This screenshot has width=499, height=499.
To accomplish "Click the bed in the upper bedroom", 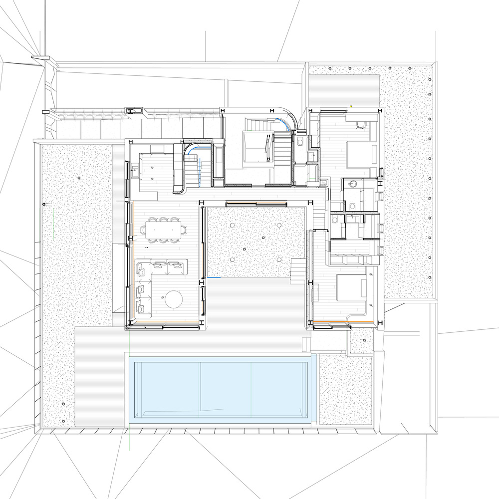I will click(358, 152).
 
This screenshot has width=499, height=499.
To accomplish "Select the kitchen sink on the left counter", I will click(135, 173).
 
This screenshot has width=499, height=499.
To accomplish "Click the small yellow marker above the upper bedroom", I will click(351, 105).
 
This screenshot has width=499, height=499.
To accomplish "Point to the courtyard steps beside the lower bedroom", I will click(297, 269).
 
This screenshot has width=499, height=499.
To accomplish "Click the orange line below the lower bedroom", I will click(344, 322).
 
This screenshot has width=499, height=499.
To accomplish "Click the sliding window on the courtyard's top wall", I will click(256, 204).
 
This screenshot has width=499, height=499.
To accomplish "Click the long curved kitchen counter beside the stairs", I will click(178, 167).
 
